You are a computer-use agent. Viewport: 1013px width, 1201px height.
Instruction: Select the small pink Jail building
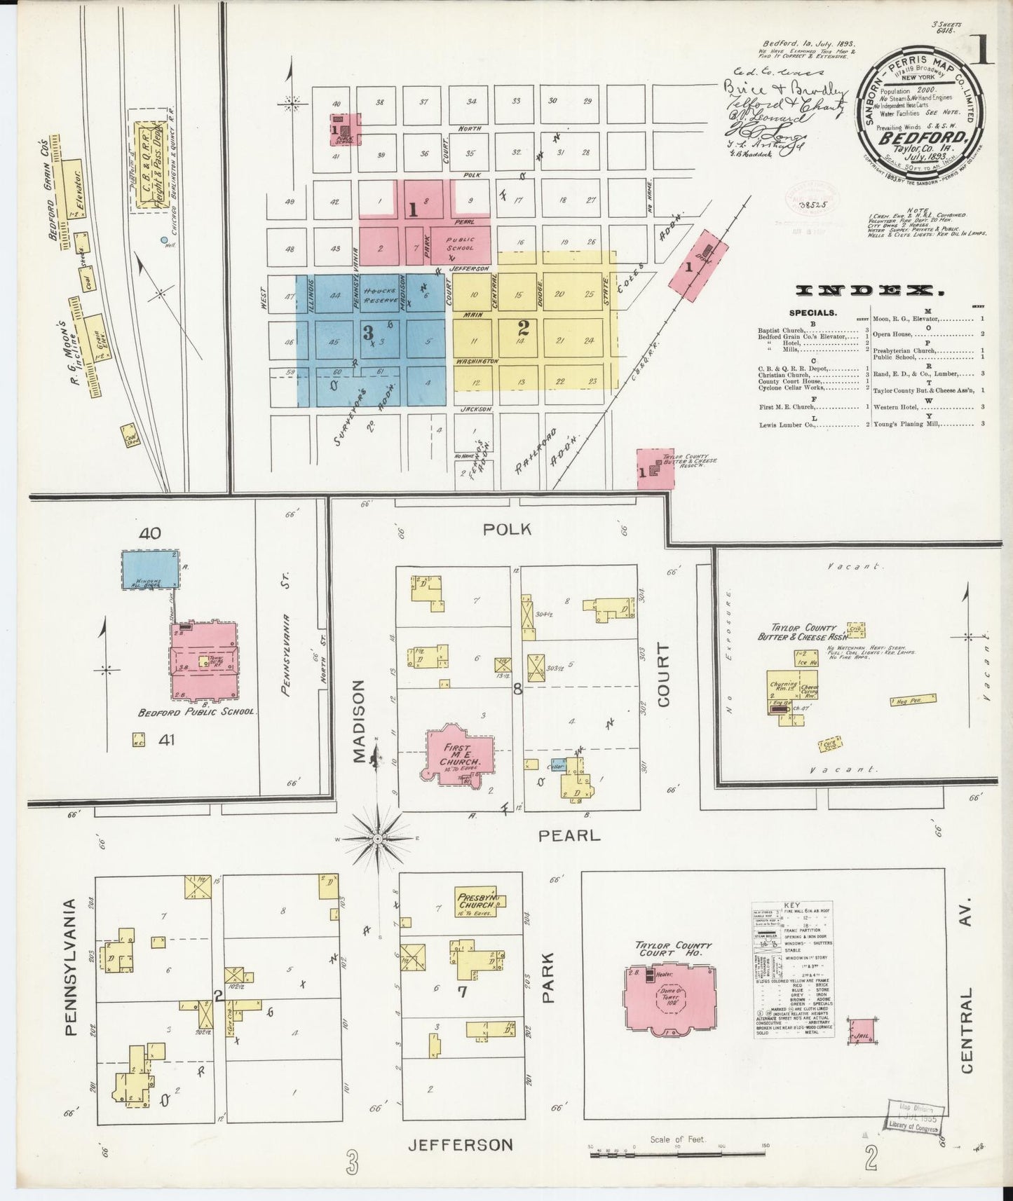pos(862,1032)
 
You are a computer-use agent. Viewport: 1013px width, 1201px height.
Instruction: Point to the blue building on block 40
pos(150,568)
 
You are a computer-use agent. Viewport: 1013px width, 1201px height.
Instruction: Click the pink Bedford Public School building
pos(204,660)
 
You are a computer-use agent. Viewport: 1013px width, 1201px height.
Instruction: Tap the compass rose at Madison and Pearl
pos(377,838)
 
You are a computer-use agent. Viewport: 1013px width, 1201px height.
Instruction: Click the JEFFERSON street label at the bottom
pos(461,1145)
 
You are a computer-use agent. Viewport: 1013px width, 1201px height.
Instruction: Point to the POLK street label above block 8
pos(505,530)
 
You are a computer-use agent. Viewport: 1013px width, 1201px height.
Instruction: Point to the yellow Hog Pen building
pos(913,700)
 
